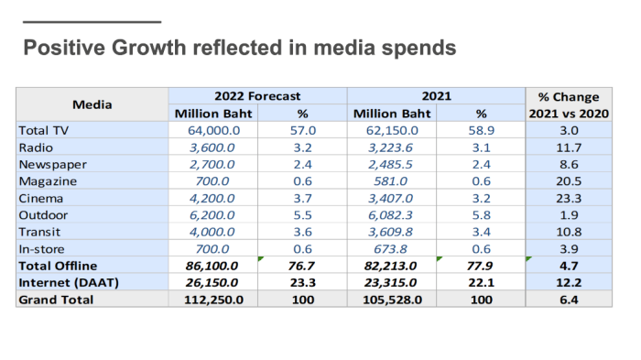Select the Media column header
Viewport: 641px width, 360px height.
pos(92,104)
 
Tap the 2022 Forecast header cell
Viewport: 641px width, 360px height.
pos(257,96)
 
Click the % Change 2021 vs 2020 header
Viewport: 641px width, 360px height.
pos(569,105)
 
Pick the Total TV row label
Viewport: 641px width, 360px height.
pos(44,130)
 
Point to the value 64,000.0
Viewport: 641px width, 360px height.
pos(213,130)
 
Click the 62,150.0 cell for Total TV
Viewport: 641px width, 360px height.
pos(392,130)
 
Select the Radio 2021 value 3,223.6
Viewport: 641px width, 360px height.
pos(390,147)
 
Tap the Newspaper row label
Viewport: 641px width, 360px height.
pos(53,165)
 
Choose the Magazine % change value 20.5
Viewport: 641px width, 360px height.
pos(569,181)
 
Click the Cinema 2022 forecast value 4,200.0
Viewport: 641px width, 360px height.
pos(212,199)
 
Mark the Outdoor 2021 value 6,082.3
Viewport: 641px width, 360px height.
pos(390,215)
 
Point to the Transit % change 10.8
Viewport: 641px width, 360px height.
pos(569,232)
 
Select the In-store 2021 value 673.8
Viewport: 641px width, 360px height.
pos(390,249)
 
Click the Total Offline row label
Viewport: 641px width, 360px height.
pos(58,266)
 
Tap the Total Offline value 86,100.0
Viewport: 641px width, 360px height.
pos(212,266)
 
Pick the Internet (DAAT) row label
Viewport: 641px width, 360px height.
pos(69,283)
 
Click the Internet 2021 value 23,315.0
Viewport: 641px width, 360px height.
pos(390,283)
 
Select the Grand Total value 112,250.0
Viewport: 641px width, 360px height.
pos(213,300)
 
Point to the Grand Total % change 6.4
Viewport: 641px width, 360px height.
pos(569,300)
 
